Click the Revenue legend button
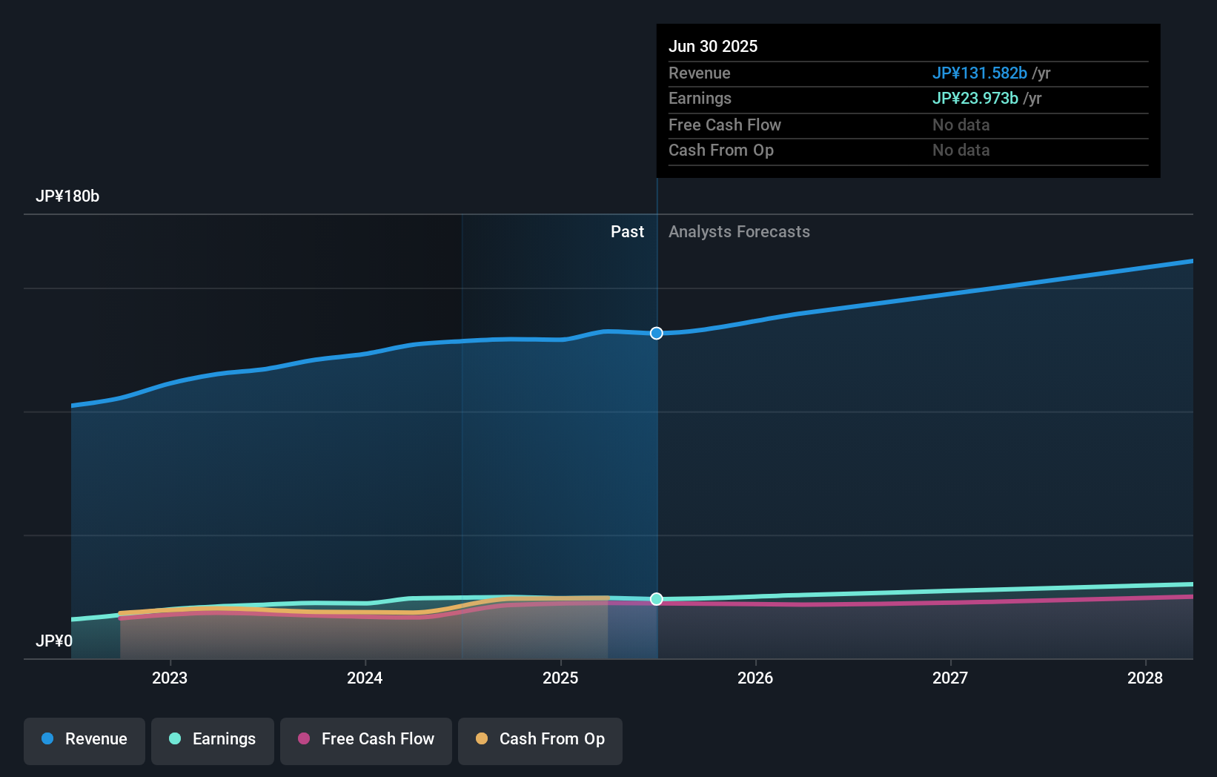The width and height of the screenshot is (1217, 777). coord(84,740)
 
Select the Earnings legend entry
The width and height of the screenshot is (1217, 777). coord(213,740)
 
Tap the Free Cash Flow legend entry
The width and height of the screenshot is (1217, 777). coord(366,740)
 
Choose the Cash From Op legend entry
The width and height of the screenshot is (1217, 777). coord(540,740)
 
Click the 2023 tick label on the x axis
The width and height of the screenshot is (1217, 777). coord(170,678)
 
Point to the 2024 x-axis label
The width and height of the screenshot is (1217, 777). coord(365,678)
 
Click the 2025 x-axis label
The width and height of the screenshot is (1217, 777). coord(560,678)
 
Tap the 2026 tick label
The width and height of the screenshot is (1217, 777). coord(755,678)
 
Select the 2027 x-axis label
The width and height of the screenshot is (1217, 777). coord(950,678)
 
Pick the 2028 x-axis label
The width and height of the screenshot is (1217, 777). coord(1145,678)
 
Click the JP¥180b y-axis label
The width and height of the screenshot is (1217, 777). coord(67,196)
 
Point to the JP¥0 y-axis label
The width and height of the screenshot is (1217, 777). coord(54,641)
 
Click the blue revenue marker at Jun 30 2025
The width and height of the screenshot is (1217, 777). coord(657,334)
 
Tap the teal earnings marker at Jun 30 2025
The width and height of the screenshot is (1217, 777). coord(657,599)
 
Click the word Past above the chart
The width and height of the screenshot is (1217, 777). coord(627,232)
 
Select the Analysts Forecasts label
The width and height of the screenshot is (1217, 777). coord(739,232)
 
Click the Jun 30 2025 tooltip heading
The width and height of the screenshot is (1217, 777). coord(713,46)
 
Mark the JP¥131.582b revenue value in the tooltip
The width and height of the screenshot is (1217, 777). coord(979,73)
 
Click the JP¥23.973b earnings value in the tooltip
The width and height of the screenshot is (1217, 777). coord(975,99)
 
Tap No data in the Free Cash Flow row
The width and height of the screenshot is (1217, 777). coord(961,125)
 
